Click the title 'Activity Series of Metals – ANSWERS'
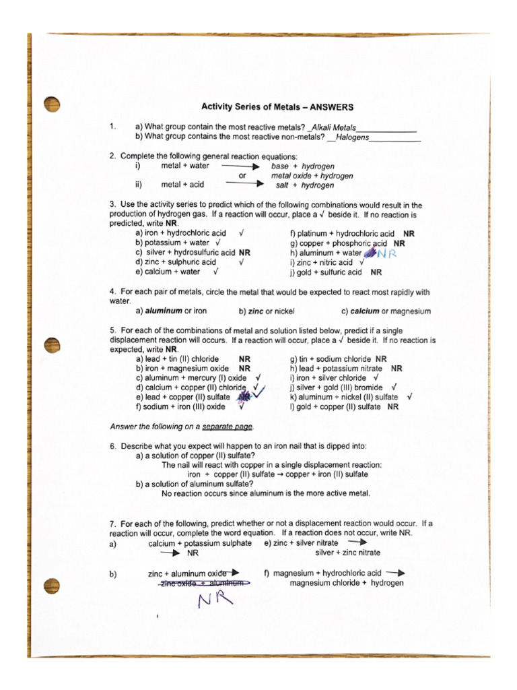click(x=277, y=106)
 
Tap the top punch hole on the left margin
click(x=51, y=103)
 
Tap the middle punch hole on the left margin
click(x=51, y=344)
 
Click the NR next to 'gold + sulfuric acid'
click(x=376, y=272)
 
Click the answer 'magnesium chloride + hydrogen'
click(x=346, y=583)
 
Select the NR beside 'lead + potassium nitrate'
click(x=397, y=369)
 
